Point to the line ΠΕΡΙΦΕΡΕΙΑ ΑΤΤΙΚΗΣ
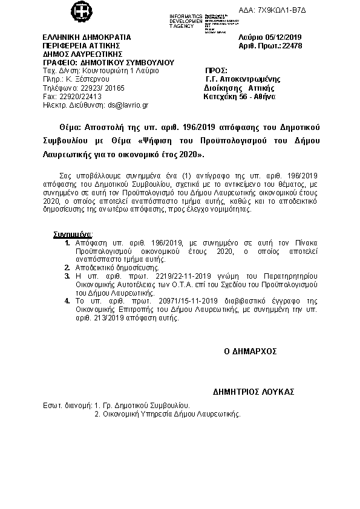[x=82, y=45]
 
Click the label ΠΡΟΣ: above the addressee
[x=217, y=71]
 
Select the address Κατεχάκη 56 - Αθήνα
[x=240, y=96]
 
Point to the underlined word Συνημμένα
[x=72, y=233]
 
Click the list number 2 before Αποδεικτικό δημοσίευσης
[x=67, y=267]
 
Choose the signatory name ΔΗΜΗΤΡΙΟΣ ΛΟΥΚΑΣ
[x=254, y=392]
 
